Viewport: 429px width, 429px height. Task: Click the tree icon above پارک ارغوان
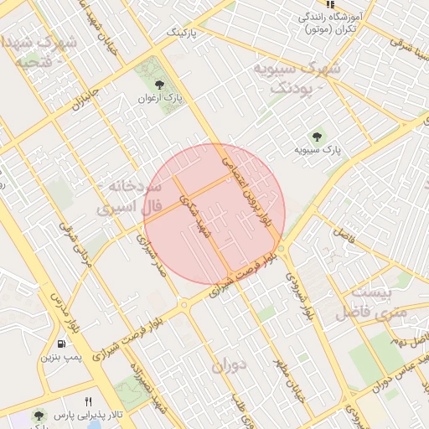click(160, 85)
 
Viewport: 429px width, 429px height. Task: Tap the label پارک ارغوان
click(160, 100)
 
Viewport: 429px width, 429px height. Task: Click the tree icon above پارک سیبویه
click(317, 137)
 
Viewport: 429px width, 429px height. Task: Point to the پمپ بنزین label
click(60, 358)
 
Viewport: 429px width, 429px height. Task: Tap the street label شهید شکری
click(196, 216)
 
